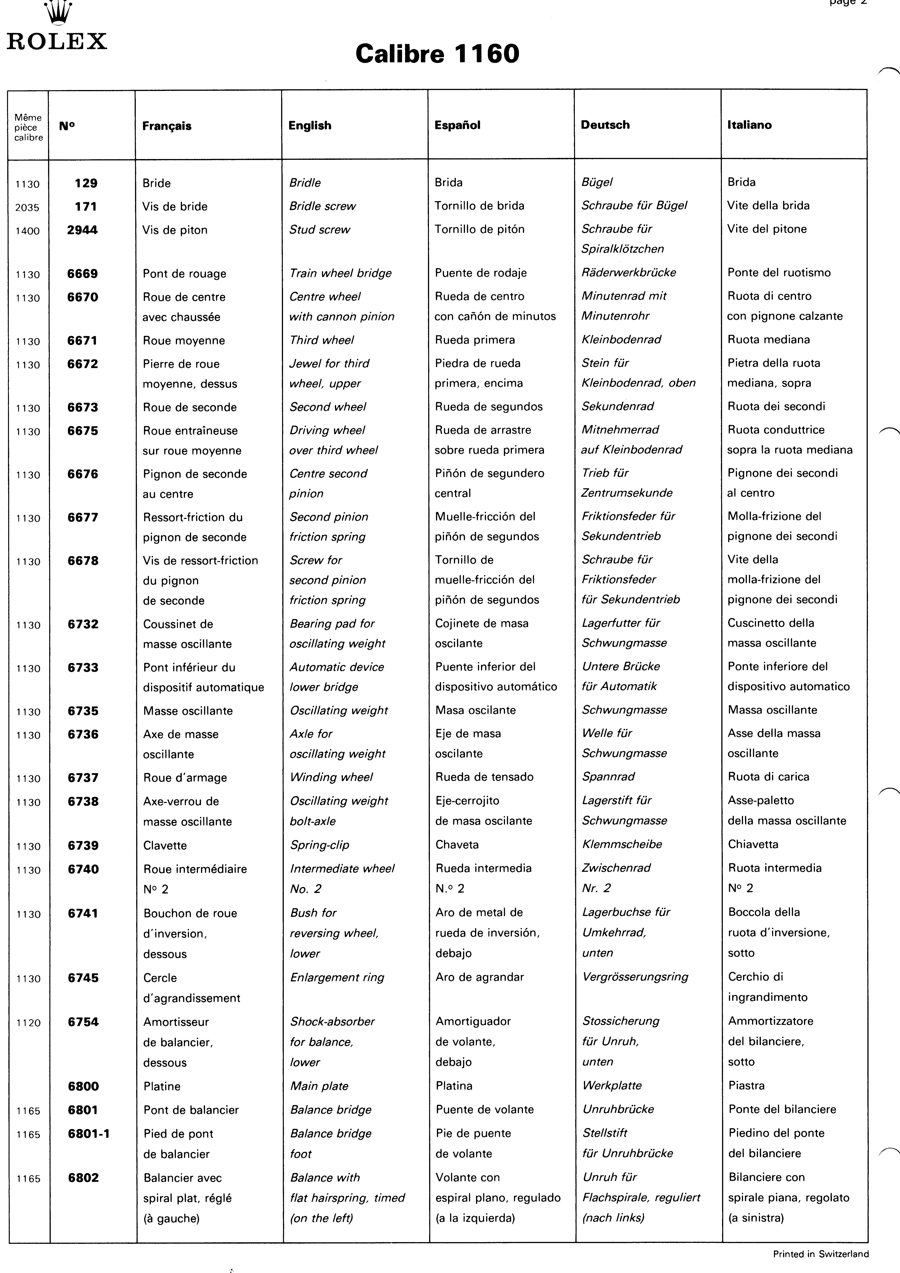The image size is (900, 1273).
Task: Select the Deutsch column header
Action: point(605,125)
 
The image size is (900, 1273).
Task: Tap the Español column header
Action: point(458,125)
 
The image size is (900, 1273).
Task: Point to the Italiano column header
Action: point(749,125)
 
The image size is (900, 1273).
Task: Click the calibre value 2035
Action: point(27,208)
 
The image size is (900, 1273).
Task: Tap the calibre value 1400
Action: point(27,231)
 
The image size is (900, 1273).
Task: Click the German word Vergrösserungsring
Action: point(635,977)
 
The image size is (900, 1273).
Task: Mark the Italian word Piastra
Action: point(746,1086)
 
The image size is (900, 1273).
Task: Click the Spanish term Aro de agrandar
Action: point(480,977)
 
